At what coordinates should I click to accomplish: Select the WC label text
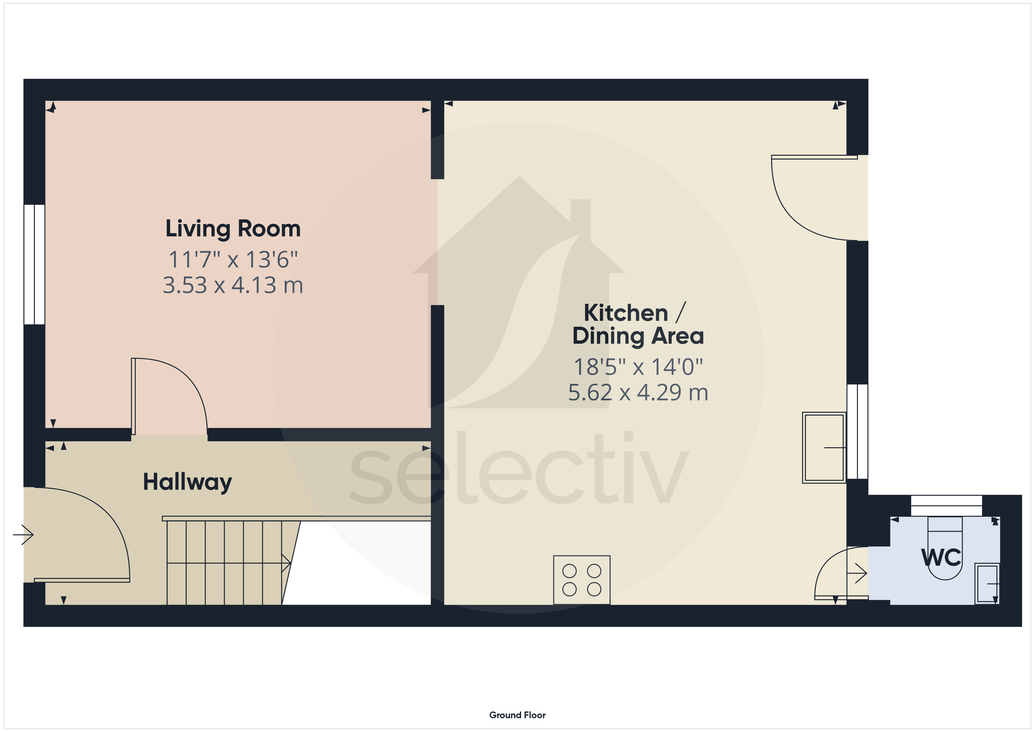pyautogui.click(x=941, y=558)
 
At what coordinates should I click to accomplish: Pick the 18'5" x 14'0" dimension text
pyautogui.click(x=638, y=367)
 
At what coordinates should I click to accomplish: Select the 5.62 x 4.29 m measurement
pyautogui.click(x=638, y=392)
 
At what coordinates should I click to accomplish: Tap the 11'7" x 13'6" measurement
pyautogui.click(x=233, y=259)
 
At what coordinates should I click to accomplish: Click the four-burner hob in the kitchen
pyautogui.click(x=581, y=580)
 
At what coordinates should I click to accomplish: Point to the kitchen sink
pyautogui.click(x=824, y=448)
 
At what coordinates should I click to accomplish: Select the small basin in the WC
pyautogui.click(x=987, y=583)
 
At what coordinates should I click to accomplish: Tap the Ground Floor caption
pyautogui.click(x=517, y=715)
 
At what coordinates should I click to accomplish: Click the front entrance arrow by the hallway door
pyautogui.click(x=23, y=535)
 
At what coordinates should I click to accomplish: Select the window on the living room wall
pyautogui.click(x=34, y=265)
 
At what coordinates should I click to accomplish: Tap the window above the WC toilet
pyautogui.click(x=947, y=506)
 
